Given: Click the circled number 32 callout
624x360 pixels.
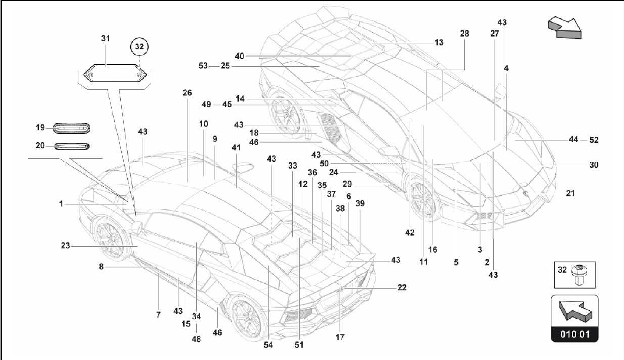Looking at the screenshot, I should tap(139, 47).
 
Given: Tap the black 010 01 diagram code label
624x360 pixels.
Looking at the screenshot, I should tap(575, 334).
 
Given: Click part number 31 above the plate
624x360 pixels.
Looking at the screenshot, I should tap(105, 38).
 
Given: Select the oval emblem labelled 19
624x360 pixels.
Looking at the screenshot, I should tap(72, 128).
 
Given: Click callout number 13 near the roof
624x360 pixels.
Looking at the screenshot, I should tap(439, 42).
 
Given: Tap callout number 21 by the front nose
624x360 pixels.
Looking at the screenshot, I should tap(570, 193).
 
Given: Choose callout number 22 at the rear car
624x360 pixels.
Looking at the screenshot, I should tap(402, 287).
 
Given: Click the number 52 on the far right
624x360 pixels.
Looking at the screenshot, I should tap(594, 140).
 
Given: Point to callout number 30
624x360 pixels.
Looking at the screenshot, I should tap(594, 165).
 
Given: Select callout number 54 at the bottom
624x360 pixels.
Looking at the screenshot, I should tap(268, 345).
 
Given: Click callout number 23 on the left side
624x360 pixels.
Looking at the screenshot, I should tap(65, 245).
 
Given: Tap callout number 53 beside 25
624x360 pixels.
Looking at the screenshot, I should tap(203, 66).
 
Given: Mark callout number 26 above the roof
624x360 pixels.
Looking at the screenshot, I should tap(187, 93).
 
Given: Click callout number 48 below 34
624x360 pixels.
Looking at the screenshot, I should tap(197, 339).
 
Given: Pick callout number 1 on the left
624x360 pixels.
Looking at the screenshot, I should tap(61, 204).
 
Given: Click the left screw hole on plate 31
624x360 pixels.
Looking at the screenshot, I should tap(90, 75).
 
